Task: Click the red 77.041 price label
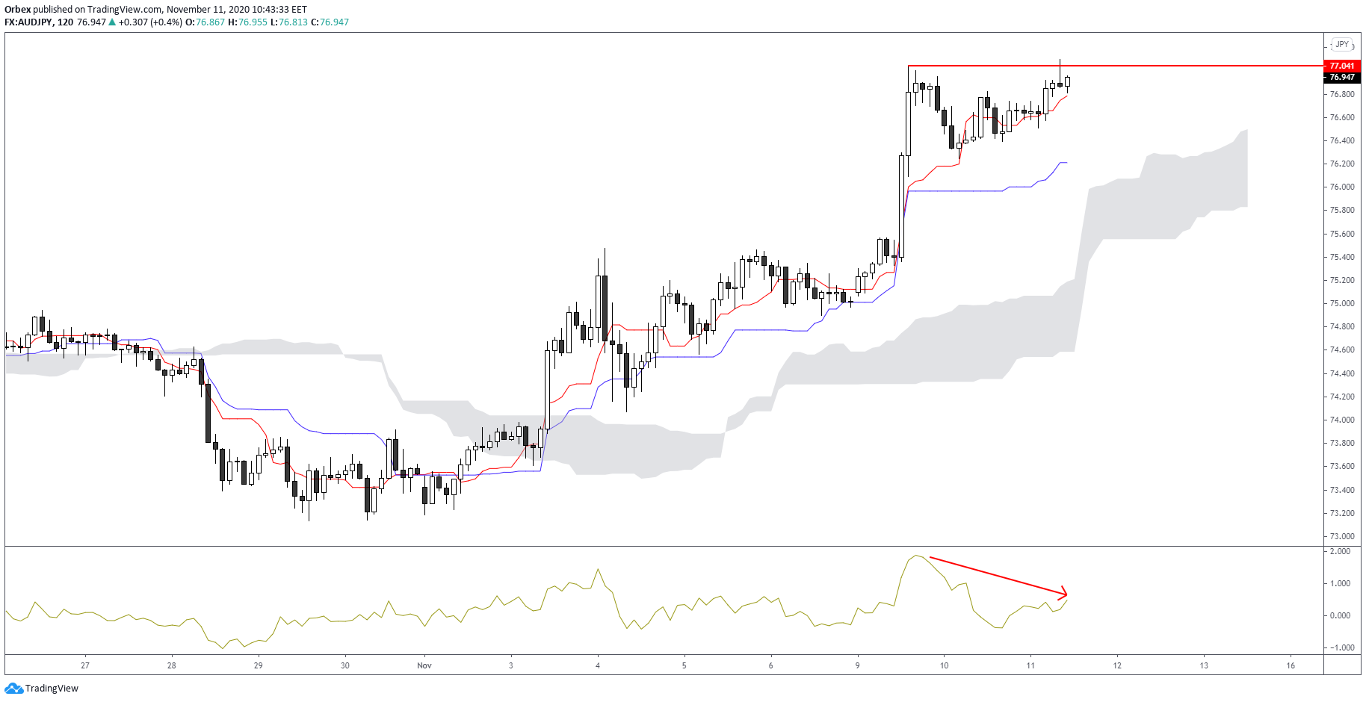click(1341, 66)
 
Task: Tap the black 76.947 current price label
click(1341, 77)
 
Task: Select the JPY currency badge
click(1342, 45)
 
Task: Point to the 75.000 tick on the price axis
click(1341, 303)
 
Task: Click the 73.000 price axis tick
click(1341, 536)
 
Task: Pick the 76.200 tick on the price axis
click(1341, 164)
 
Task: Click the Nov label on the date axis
click(424, 665)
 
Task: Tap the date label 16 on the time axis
click(1291, 665)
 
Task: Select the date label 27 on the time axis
click(85, 665)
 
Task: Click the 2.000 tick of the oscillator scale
click(1340, 551)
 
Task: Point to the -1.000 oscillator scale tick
click(1338, 647)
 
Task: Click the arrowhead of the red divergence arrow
click(1064, 594)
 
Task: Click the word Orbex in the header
click(17, 10)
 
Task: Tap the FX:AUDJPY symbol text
click(28, 22)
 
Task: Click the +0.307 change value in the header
click(133, 22)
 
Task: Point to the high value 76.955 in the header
click(253, 22)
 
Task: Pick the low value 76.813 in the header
click(293, 22)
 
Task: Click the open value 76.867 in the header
click(210, 22)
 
